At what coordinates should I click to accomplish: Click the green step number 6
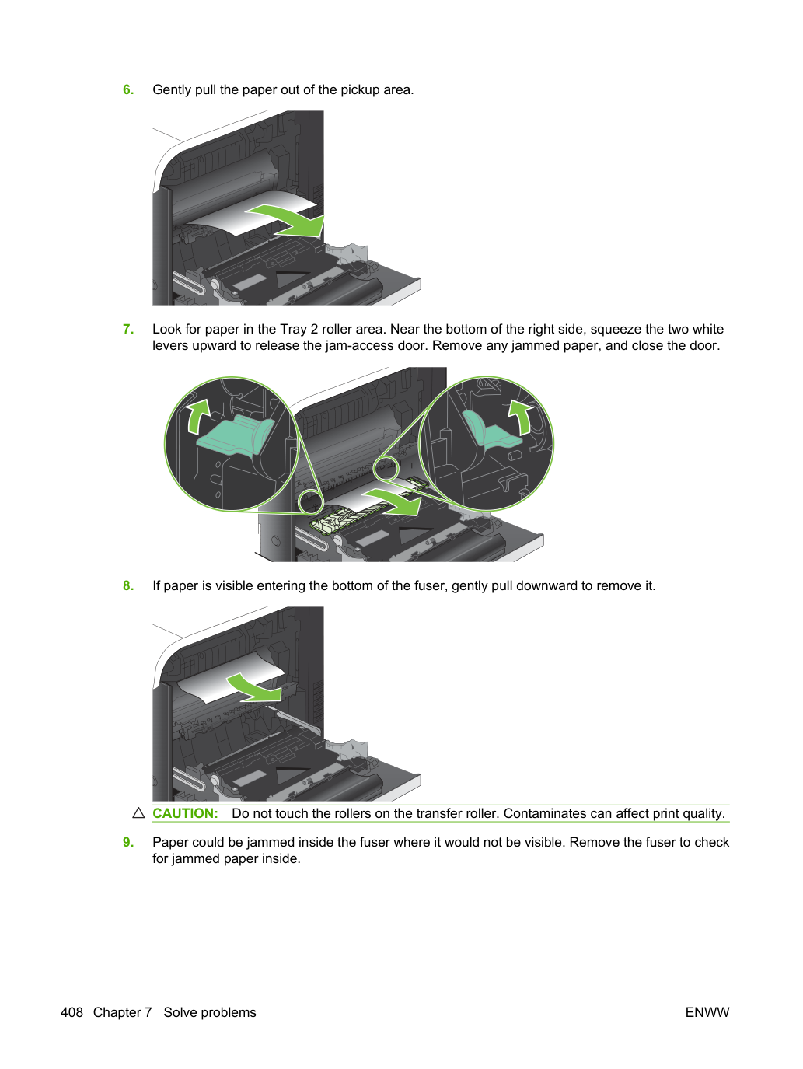click(128, 89)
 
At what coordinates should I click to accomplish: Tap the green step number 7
click(128, 329)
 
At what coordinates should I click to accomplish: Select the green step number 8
click(128, 585)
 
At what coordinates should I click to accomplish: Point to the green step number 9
click(128, 842)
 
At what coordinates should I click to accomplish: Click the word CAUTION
click(185, 813)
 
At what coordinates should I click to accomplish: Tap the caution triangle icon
click(139, 813)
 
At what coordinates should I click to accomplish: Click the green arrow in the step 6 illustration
click(288, 220)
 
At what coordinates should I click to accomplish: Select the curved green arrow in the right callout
click(520, 417)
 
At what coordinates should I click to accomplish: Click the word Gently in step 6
click(172, 90)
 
